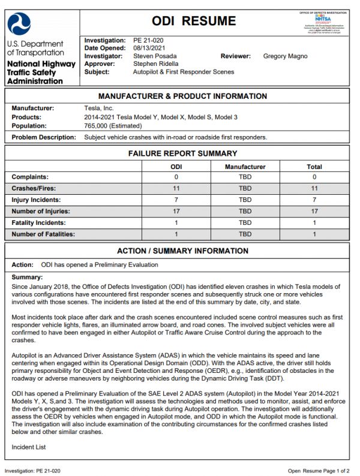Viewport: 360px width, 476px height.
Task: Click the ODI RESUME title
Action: (x=193, y=22)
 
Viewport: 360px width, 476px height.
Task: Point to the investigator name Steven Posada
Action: (x=155, y=56)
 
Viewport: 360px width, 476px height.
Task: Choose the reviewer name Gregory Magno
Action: (x=285, y=56)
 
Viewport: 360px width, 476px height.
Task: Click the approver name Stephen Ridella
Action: (x=156, y=64)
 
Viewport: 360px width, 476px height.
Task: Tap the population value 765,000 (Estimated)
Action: (x=113, y=126)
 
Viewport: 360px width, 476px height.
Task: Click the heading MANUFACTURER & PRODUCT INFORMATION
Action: (x=182, y=97)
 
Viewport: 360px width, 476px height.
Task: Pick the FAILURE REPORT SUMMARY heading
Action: (x=182, y=153)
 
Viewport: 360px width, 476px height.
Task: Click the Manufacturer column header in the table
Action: (x=245, y=166)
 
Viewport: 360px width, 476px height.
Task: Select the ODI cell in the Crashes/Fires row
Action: (x=176, y=188)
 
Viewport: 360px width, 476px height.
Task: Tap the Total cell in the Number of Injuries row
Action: (x=314, y=211)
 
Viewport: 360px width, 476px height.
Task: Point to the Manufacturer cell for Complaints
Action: (x=245, y=177)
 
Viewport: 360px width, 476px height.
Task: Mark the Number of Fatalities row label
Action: (x=44, y=234)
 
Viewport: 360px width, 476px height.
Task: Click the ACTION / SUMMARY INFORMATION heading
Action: (x=182, y=251)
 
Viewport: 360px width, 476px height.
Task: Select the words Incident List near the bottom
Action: (x=28, y=447)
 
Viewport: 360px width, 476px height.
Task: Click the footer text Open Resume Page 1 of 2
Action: (x=319, y=471)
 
